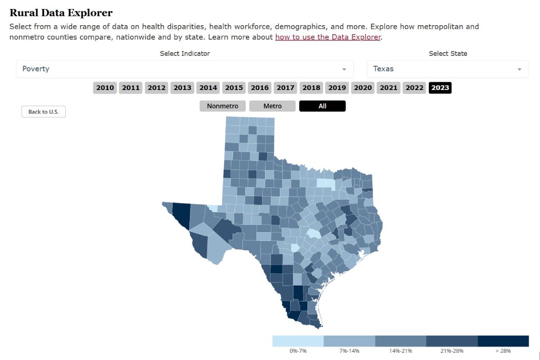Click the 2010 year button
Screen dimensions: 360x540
[x=105, y=88]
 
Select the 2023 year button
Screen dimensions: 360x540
[x=440, y=88]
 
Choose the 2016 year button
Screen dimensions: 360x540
[x=260, y=88]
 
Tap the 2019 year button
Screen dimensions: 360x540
[x=337, y=88]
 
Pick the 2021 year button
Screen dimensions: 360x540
[x=389, y=88]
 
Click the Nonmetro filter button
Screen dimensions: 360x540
[x=223, y=106]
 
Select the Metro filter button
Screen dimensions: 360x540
[x=273, y=106]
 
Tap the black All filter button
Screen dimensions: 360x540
[x=322, y=106]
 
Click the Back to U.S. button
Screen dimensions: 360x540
[x=44, y=112]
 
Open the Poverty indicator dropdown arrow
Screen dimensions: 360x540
[x=344, y=69]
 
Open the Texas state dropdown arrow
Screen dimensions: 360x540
[x=519, y=69]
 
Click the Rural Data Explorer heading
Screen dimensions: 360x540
[x=61, y=13]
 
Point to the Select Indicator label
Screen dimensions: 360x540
[x=185, y=54]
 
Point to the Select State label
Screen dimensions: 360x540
[x=448, y=54]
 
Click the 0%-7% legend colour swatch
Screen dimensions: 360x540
[x=298, y=341]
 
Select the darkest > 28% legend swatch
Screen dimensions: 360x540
[x=503, y=341]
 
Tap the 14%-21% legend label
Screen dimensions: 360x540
[x=400, y=351]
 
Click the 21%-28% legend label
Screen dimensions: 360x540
[x=452, y=351]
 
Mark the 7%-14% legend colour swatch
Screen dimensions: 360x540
[x=349, y=341]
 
